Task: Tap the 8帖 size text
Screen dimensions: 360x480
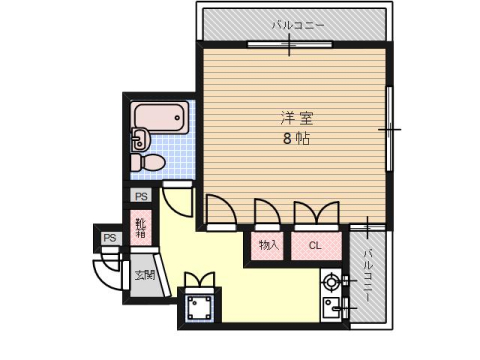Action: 294,138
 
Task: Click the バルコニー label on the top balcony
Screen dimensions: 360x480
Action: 297,25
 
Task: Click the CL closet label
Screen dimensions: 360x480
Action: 314,245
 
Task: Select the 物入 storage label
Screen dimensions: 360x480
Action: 268,245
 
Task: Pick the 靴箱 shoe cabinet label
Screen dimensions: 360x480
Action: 141,229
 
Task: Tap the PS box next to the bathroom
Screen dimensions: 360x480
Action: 141,196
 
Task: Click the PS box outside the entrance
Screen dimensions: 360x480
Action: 109,238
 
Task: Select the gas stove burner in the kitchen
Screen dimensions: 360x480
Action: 331,283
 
